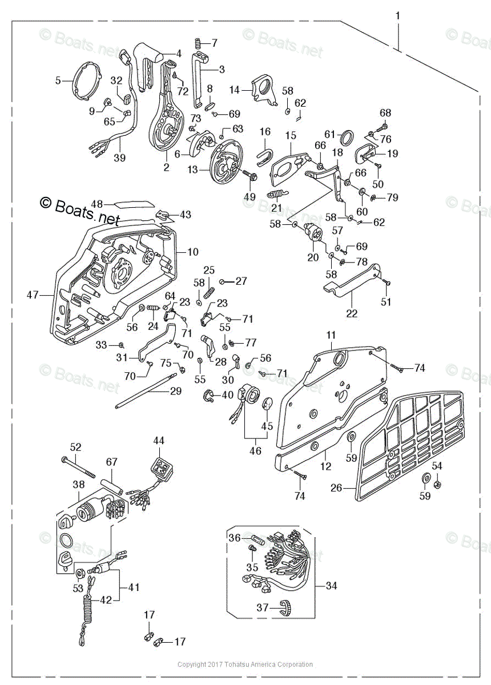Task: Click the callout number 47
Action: coord(33,295)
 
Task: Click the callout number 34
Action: coord(332,586)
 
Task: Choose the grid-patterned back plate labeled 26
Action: coord(411,445)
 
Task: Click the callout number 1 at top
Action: coord(398,15)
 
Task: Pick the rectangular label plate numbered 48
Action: coord(133,203)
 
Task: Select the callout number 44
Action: coord(158,441)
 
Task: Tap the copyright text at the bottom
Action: coord(245,664)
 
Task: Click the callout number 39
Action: coord(119,158)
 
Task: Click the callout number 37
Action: coord(262,608)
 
